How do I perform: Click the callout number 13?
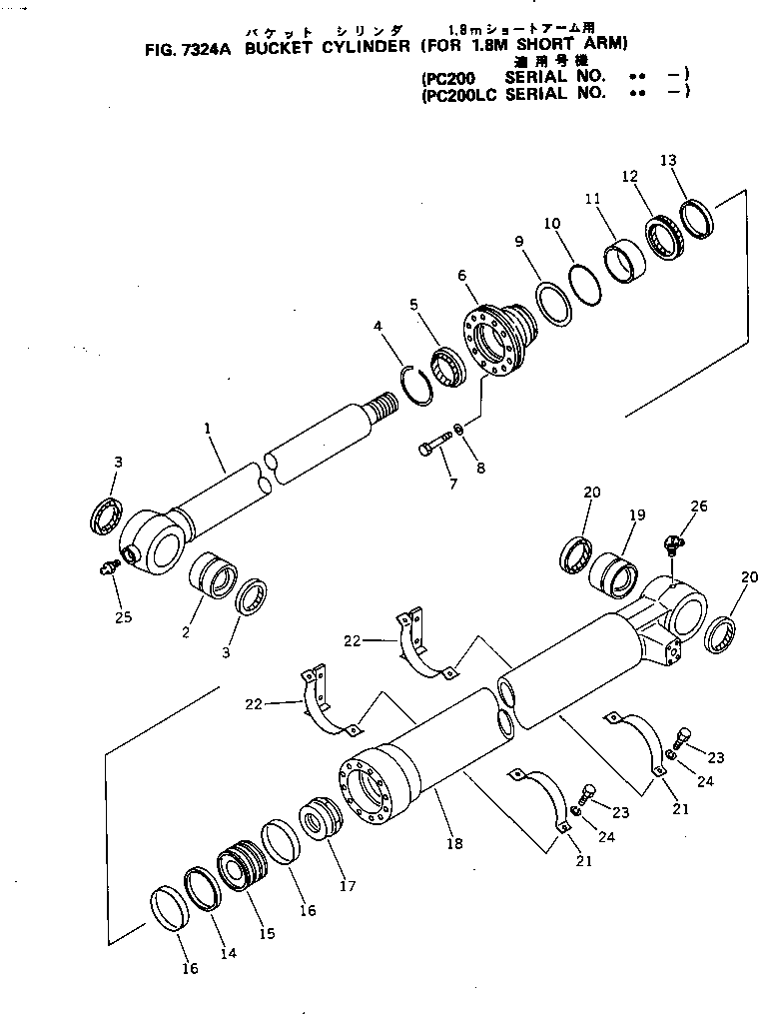[x=668, y=161]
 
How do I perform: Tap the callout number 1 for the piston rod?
[x=207, y=429]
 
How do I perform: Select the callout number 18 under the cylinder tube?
[x=455, y=844]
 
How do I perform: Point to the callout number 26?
[x=699, y=507]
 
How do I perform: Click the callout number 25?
[x=124, y=617]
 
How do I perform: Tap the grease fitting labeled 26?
[x=671, y=542]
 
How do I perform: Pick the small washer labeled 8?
[x=457, y=430]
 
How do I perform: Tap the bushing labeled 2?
[x=214, y=579]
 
